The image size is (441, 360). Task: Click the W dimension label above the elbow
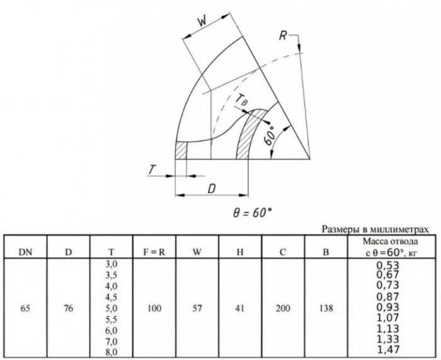pyautogui.click(x=202, y=21)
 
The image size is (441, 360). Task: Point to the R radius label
pyautogui.click(x=283, y=36)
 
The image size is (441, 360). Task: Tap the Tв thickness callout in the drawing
pyautogui.click(x=241, y=100)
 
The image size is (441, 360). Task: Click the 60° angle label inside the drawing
pyautogui.click(x=270, y=135)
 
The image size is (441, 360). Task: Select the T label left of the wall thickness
pyautogui.click(x=152, y=170)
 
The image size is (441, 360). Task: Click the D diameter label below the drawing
pyautogui.click(x=211, y=189)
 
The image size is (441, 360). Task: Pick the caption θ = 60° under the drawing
pyautogui.click(x=253, y=213)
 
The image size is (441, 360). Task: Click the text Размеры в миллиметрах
pyautogui.click(x=375, y=229)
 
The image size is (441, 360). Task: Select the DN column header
pyautogui.click(x=25, y=252)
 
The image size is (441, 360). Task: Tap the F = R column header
pyautogui.click(x=154, y=252)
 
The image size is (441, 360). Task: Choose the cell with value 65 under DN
pyautogui.click(x=25, y=308)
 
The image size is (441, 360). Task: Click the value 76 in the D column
pyautogui.click(x=68, y=308)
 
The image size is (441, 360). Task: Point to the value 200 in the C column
pyautogui.click(x=283, y=308)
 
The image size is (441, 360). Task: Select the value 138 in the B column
pyautogui.click(x=326, y=308)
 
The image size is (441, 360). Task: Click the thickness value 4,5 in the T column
pyautogui.click(x=112, y=297)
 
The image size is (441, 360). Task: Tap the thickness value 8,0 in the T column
pyautogui.click(x=112, y=352)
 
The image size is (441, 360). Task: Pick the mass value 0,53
pyautogui.click(x=388, y=265)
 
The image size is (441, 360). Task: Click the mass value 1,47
pyautogui.click(x=388, y=349)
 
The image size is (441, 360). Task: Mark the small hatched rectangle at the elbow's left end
pyautogui.click(x=181, y=150)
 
